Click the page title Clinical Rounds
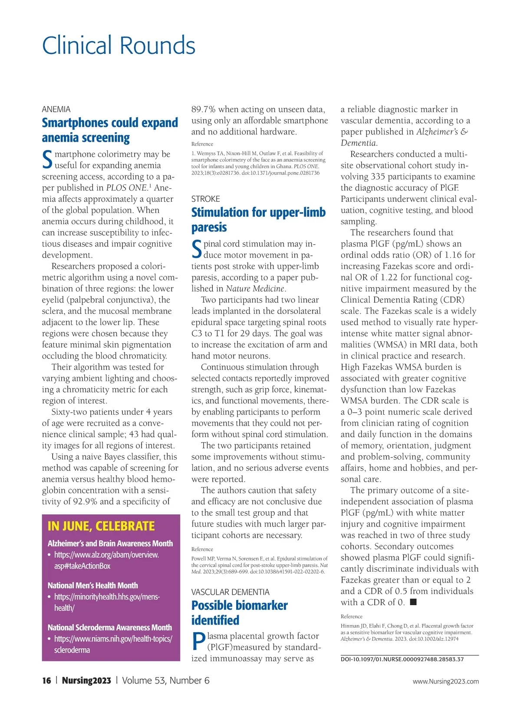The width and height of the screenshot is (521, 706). point(119,46)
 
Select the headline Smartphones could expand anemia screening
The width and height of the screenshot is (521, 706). point(110,130)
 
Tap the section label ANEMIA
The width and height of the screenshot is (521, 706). point(56,109)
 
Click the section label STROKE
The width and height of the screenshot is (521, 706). point(205,199)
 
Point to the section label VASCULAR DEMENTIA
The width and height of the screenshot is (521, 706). point(230,592)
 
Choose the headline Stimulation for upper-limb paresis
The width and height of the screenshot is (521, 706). point(258,220)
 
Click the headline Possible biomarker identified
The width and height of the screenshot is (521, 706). point(239,613)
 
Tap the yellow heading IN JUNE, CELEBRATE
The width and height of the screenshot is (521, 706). point(101,526)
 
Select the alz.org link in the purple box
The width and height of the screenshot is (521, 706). point(106,560)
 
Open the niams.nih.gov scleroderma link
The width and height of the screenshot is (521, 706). point(112,644)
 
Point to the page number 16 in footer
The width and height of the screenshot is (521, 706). point(46,680)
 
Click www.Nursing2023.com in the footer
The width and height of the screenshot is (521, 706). point(445,681)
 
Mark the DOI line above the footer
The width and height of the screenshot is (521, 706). point(402,659)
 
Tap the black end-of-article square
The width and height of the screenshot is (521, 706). point(413,602)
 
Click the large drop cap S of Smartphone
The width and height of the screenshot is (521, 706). point(47,160)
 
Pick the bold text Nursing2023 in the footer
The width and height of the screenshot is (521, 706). point(86,680)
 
